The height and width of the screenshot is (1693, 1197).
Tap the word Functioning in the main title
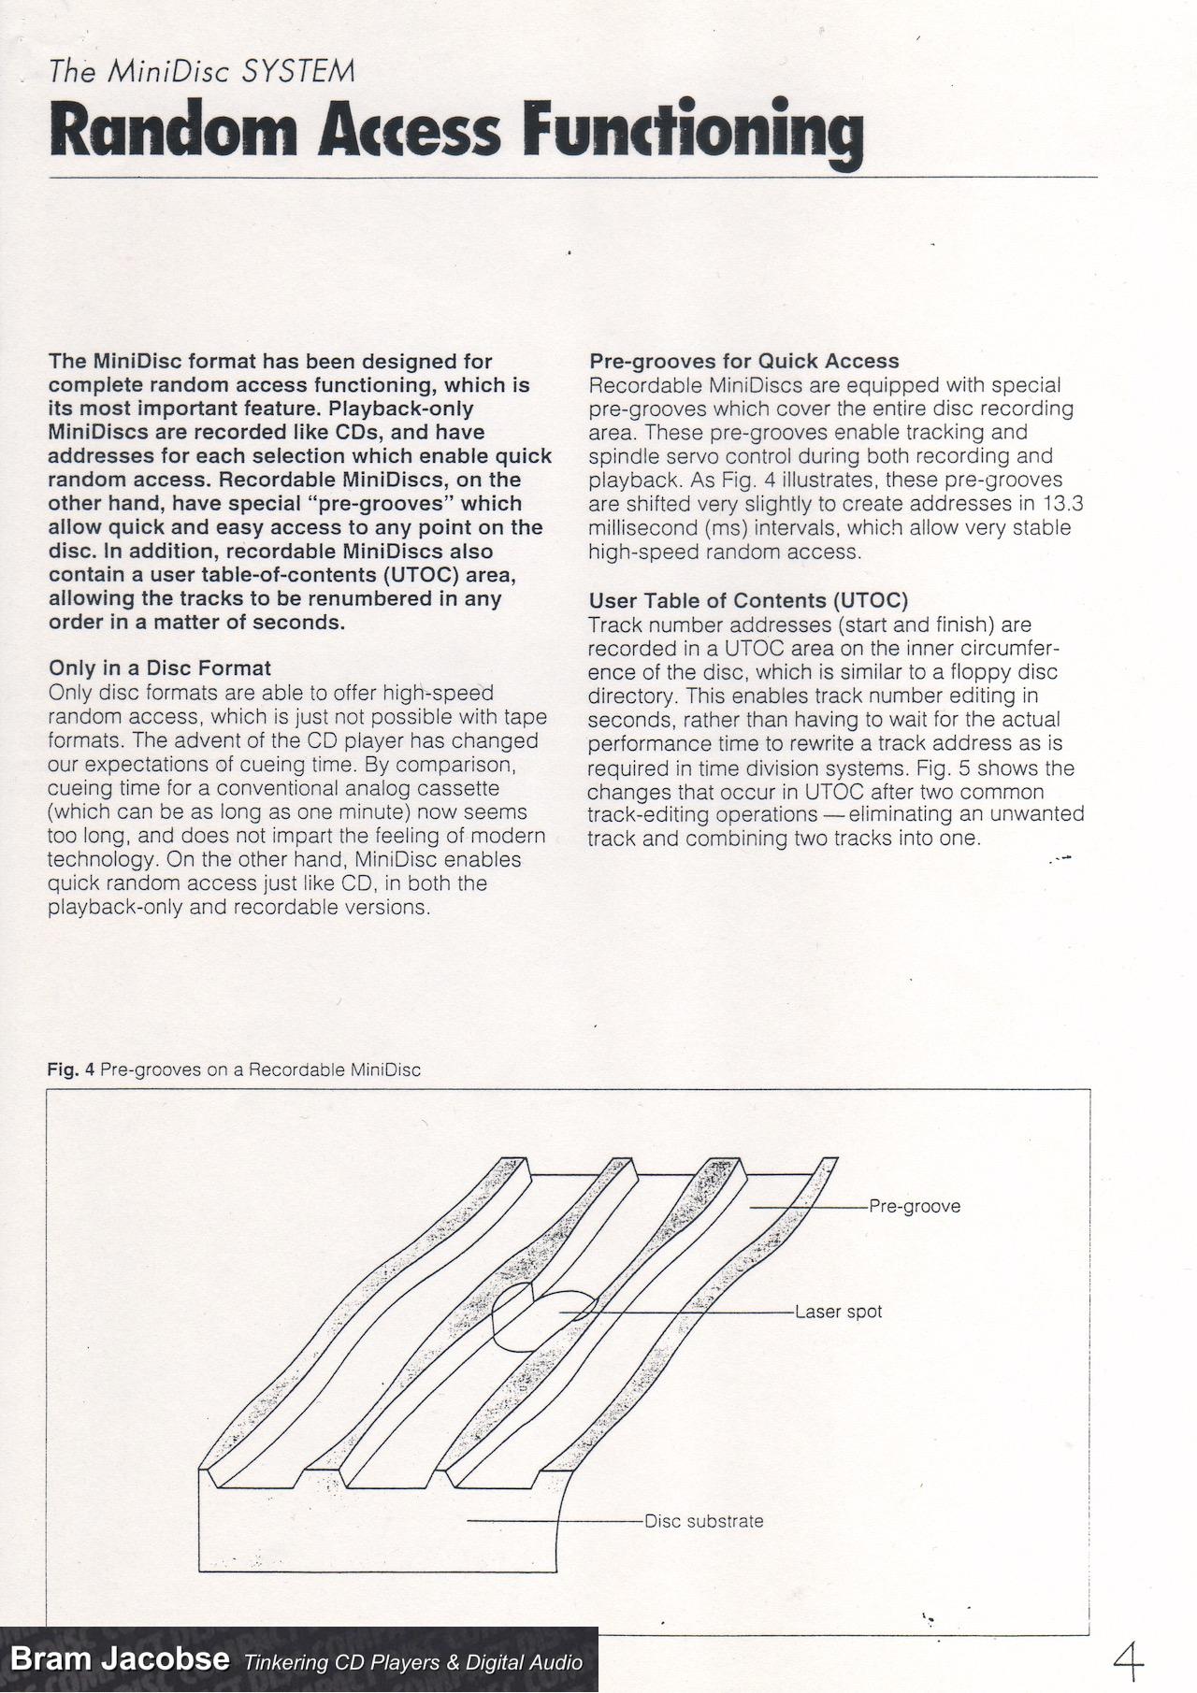(693, 132)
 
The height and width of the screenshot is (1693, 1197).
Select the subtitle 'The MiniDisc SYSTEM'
(202, 72)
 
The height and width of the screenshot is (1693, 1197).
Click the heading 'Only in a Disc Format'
(160, 668)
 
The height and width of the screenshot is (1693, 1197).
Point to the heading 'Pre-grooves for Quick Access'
(743, 361)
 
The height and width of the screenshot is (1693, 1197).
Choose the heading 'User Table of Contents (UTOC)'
(748, 600)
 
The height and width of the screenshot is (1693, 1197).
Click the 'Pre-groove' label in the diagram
(914, 1206)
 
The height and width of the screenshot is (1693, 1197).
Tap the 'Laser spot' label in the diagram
(838, 1312)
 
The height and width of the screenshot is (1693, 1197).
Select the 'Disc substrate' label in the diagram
(703, 1521)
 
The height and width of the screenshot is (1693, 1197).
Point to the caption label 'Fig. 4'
(71, 1069)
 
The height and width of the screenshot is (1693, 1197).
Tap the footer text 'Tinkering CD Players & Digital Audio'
(412, 1661)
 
